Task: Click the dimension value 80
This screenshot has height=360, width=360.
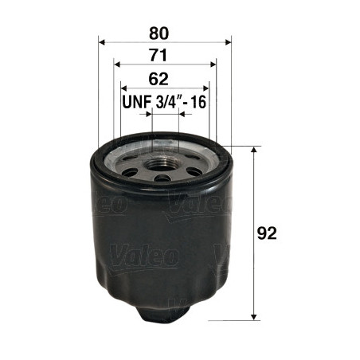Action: (158, 33)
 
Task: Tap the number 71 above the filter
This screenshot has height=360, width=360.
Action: (158, 55)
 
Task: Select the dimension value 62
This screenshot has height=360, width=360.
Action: (158, 79)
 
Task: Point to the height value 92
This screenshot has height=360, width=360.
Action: (267, 233)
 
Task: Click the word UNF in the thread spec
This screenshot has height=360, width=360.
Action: (136, 102)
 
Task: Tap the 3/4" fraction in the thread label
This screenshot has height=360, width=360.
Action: (166, 102)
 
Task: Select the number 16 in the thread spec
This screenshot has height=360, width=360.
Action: (198, 102)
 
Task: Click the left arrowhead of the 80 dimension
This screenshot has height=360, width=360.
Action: (102, 42)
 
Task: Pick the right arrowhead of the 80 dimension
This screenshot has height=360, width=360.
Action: (228, 42)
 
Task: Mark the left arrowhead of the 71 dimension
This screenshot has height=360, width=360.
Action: (117, 65)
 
